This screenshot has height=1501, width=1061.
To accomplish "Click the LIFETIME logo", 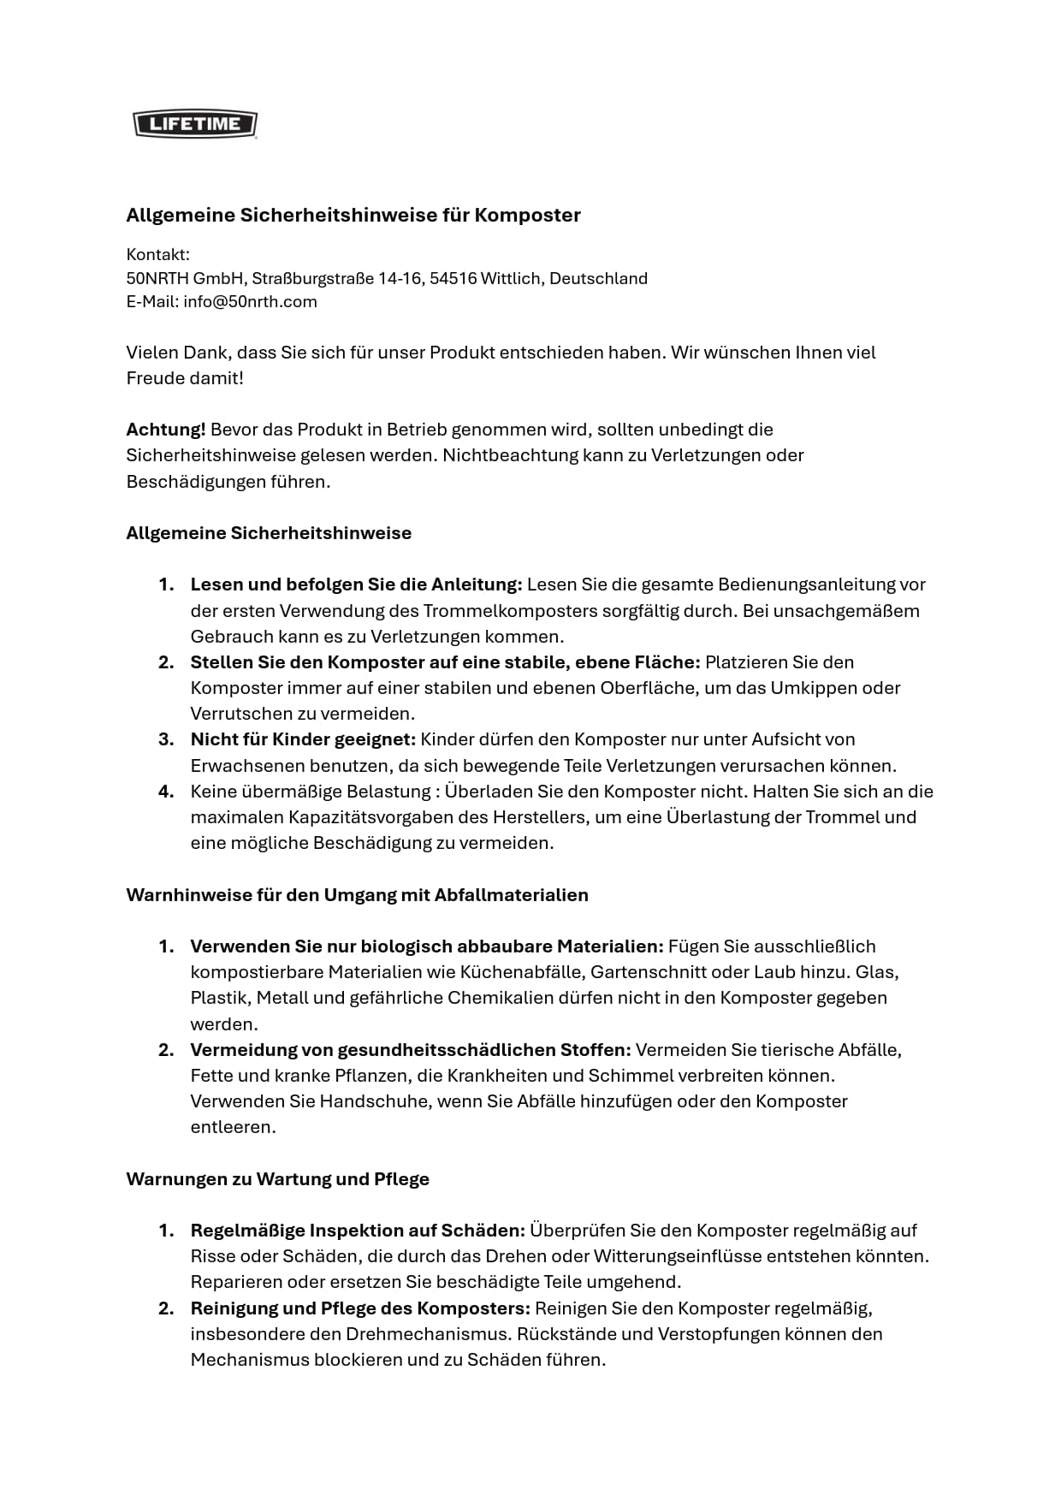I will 195,124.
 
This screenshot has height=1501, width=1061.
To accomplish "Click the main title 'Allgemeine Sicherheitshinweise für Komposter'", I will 353,215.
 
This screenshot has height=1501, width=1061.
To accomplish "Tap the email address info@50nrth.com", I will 250,301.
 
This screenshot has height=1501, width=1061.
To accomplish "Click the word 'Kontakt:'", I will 157,254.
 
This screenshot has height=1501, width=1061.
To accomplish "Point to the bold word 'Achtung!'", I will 165,429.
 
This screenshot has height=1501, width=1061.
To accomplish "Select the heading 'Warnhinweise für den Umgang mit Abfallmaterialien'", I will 357,894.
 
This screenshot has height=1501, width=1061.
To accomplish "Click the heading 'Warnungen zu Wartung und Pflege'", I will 277,1178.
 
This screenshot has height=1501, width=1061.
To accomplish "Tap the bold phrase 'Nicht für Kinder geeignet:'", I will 302,739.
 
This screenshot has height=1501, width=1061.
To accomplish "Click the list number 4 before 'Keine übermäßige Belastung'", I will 166,791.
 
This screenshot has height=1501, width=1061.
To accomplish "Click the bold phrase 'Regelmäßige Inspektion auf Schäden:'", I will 357,1230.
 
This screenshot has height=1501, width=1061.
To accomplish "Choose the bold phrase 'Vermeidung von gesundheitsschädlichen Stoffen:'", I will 410,1049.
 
